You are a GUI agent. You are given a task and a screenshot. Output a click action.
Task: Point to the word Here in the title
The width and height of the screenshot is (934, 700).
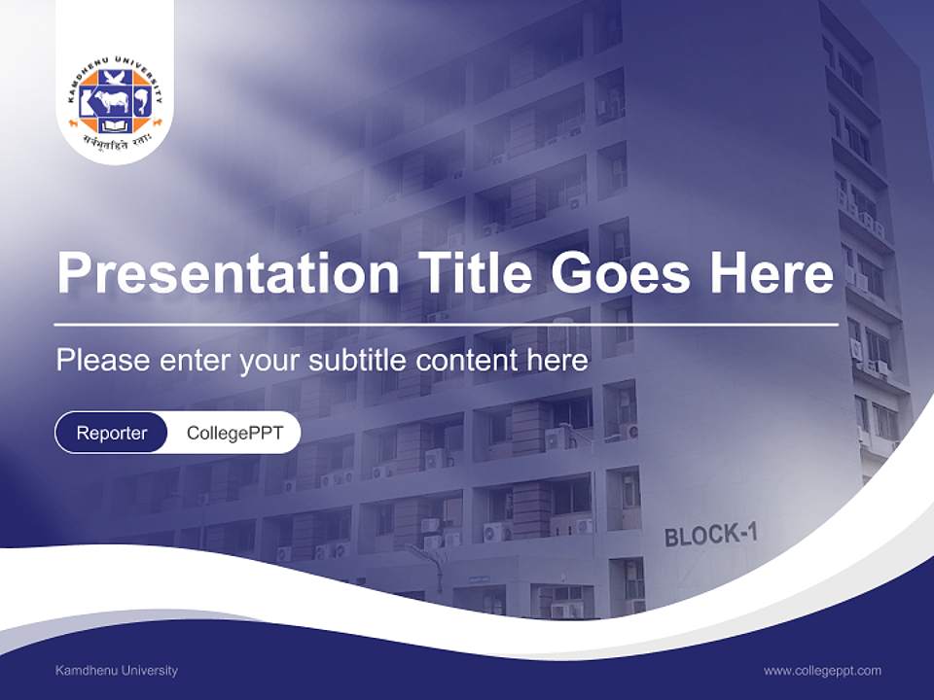[x=772, y=273]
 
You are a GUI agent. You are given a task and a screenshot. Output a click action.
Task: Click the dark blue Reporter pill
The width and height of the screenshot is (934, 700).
[x=112, y=433]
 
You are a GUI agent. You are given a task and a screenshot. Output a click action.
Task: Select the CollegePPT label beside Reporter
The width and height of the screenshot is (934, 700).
[x=234, y=433]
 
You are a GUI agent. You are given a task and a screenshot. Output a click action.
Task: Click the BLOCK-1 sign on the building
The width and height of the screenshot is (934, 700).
[x=710, y=534]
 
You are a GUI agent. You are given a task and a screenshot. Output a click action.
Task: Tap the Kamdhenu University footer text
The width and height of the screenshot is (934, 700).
[x=117, y=670]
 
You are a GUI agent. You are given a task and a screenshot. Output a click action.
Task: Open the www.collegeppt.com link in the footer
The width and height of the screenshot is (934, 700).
[x=822, y=670]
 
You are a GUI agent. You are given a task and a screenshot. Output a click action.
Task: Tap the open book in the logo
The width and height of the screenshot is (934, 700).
[x=115, y=125]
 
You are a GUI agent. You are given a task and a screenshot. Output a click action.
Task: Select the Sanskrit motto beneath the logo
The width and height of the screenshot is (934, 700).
[x=115, y=144]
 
